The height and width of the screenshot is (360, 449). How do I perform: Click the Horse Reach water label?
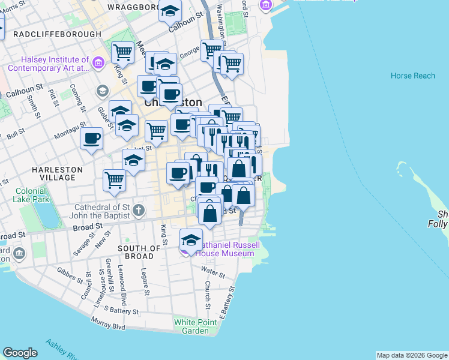(412, 76)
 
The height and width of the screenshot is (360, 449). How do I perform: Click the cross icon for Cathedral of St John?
(139, 210)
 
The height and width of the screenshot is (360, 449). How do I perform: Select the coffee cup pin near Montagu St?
(92, 139)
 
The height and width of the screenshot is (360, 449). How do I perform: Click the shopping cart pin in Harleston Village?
(113, 179)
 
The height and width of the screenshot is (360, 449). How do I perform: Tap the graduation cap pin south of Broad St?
(191, 240)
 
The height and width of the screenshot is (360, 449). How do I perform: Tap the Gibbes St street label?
(70, 275)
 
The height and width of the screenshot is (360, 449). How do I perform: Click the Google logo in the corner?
(20, 353)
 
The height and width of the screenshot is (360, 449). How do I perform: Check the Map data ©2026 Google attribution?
(411, 355)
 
